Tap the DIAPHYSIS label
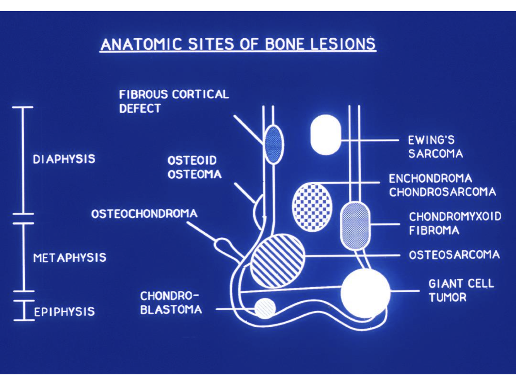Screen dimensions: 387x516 point(64,159)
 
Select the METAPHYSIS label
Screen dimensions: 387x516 point(70,257)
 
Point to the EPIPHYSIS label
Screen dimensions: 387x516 point(64,312)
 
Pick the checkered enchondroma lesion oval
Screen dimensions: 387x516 point(312,207)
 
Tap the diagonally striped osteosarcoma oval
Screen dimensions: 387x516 point(277,261)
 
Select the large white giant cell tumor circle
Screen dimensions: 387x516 point(365,293)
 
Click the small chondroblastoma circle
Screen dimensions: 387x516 point(265,308)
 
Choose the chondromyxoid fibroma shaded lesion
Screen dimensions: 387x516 point(355,225)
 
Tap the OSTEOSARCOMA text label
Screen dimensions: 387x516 point(454,255)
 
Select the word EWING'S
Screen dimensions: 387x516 point(431,140)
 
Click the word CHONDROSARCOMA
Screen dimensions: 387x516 point(443,192)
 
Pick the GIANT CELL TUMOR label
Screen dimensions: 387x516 point(461,290)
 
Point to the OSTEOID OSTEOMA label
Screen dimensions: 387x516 point(194,167)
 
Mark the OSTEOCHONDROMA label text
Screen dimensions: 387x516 point(144,214)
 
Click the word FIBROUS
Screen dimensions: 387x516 point(143,94)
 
